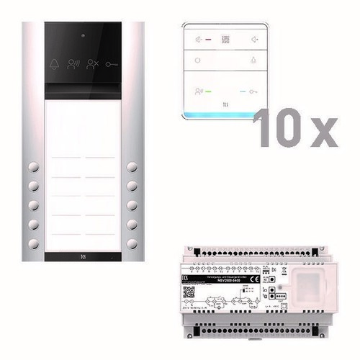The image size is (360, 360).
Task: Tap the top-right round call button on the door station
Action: pyautogui.click(x=132, y=167)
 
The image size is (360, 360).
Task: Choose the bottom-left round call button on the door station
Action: pyautogui.click(x=33, y=241)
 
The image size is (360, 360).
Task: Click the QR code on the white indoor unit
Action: pyautogui.click(x=225, y=40)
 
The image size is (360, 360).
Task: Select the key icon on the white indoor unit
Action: pyautogui.click(x=253, y=91)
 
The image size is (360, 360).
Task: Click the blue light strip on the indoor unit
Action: pyautogui.click(x=225, y=115)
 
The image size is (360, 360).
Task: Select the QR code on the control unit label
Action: pyautogui.click(x=189, y=292)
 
